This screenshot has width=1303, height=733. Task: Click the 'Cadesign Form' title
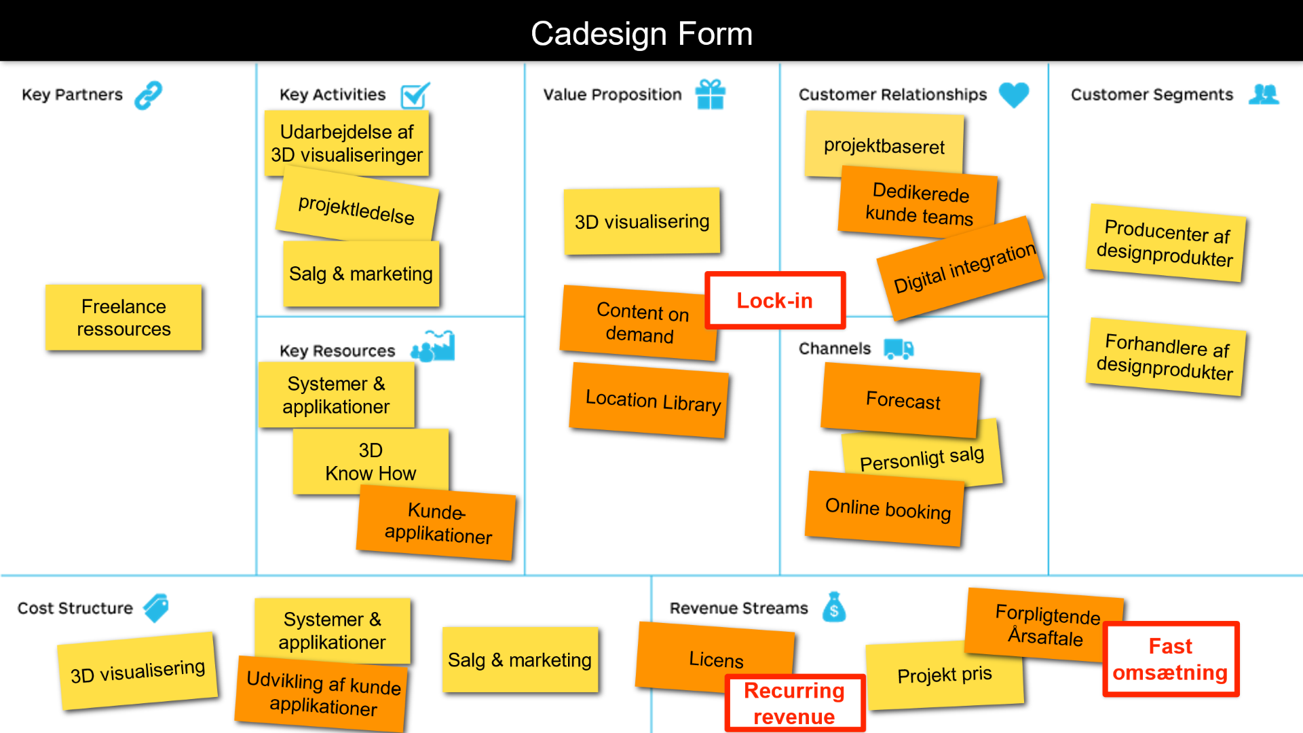click(x=641, y=33)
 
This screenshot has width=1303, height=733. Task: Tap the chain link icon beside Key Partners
click(x=148, y=95)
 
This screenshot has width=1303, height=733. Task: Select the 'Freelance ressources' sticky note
click(x=124, y=318)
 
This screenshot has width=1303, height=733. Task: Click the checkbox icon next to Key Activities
click(x=415, y=95)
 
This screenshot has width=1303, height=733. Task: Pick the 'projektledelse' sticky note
click(x=357, y=208)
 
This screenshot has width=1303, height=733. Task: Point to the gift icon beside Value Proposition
click(x=710, y=94)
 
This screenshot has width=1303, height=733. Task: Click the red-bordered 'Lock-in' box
click(x=775, y=300)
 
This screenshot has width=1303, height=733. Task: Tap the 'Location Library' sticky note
click(x=651, y=401)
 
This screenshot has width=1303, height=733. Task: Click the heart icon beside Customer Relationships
click(x=1014, y=94)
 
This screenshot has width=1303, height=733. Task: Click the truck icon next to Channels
click(x=899, y=349)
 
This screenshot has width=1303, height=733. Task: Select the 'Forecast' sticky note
click(x=902, y=400)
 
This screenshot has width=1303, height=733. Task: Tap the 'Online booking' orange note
click(x=887, y=509)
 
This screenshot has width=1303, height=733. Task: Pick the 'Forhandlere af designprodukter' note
click(x=1166, y=356)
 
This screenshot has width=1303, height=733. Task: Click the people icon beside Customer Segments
click(x=1264, y=94)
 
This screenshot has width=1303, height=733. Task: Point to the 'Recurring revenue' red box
click(x=795, y=703)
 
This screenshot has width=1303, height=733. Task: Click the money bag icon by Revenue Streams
click(x=834, y=607)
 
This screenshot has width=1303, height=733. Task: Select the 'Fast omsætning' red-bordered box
click(x=1171, y=659)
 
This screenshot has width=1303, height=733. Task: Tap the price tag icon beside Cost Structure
click(x=156, y=607)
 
